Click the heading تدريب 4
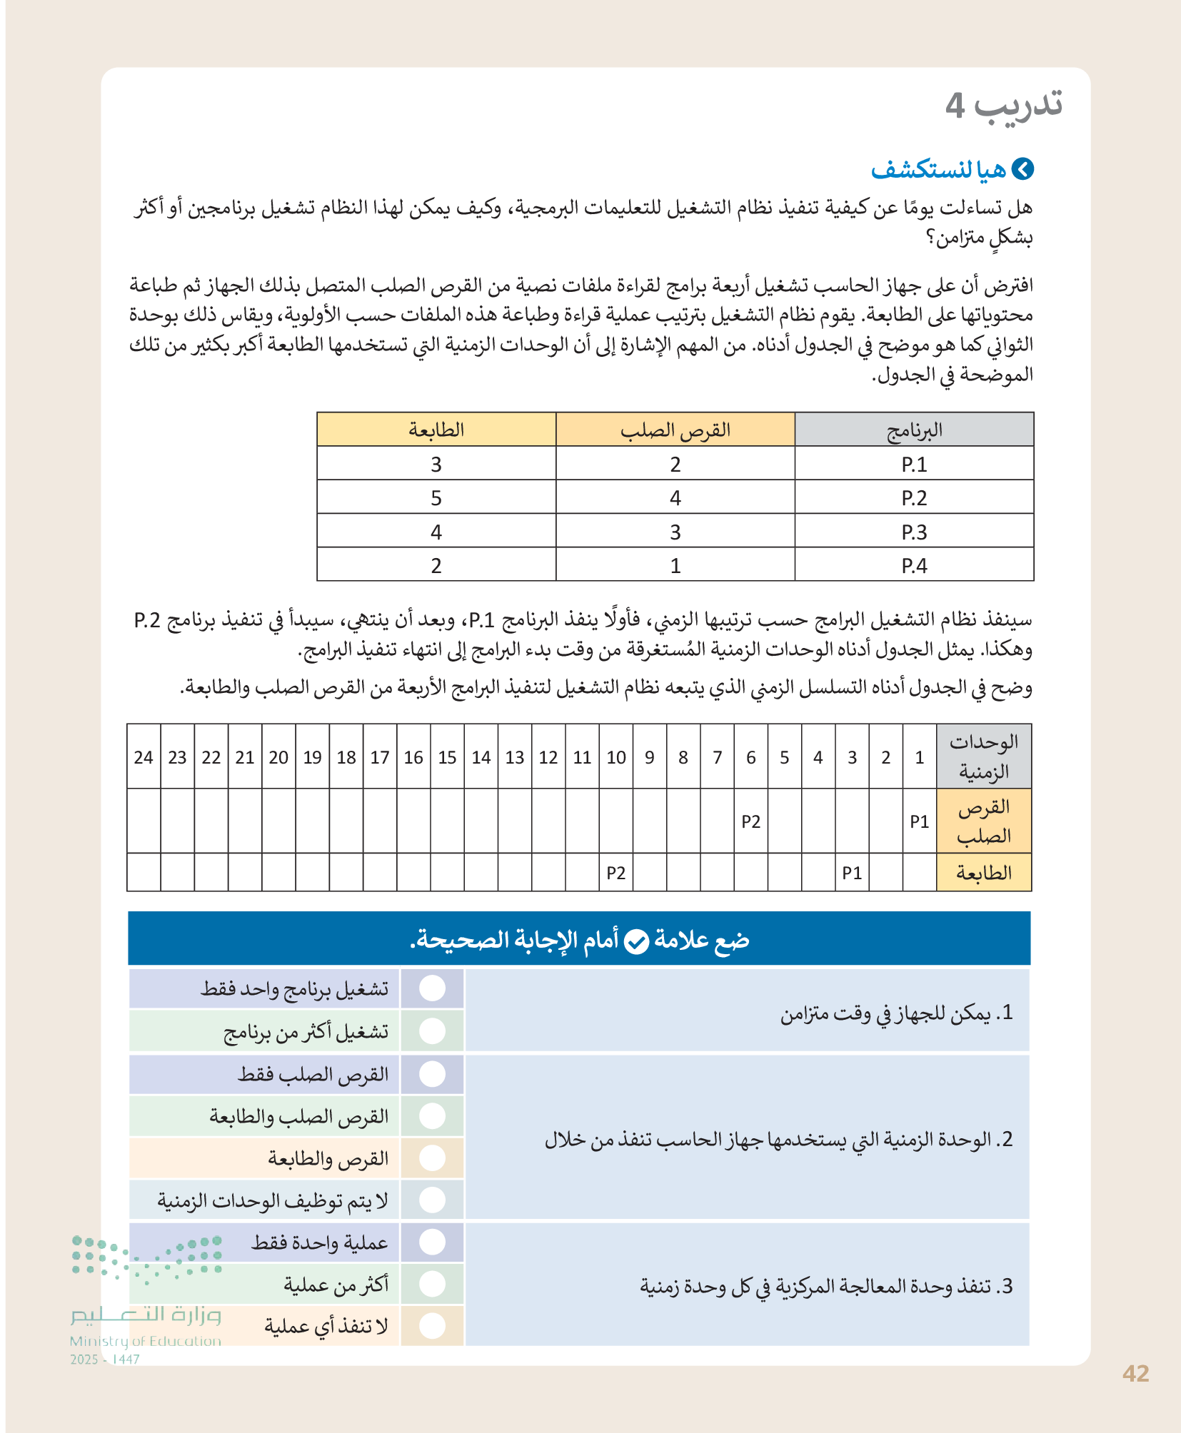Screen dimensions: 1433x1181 coord(1003,105)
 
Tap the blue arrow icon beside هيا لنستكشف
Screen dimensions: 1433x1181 coord(1022,169)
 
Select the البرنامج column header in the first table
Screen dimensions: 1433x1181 coord(914,430)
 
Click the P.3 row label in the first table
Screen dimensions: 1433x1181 coord(914,532)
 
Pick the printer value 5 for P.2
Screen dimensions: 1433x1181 coord(436,498)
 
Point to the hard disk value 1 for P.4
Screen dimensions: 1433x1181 coord(675,566)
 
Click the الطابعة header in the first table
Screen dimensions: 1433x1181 coord(436,430)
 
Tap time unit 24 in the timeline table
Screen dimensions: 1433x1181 coord(144,757)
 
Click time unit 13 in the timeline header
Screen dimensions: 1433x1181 coord(514,757)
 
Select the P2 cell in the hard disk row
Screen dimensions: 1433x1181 coord(750,821)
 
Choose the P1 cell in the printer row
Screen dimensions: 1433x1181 coord(851,873)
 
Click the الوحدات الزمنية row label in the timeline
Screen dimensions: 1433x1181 coord(983,756)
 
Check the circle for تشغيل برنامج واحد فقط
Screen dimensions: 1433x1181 coord(432,988)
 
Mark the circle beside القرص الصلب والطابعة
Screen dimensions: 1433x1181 coord(432,1115)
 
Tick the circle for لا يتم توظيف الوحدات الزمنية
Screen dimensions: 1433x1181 coord(432,1200)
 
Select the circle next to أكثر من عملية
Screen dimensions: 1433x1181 coord(432,1284)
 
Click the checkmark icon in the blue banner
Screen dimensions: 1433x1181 coord(636,941)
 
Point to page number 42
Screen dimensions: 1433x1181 coord(1135,1374)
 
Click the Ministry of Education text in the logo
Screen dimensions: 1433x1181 coord(146,1341)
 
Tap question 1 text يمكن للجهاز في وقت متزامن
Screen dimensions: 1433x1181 coord(896,1013)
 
